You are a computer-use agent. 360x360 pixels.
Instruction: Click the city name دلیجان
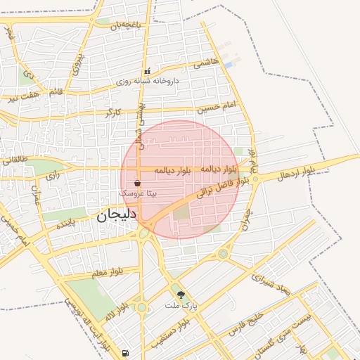coord(116,217)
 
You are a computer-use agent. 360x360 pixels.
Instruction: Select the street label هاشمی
coord(207,63)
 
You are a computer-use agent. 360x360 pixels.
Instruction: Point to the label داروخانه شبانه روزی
coord(148,82)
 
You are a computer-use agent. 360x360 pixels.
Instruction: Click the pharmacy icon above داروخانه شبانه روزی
coord(147,72)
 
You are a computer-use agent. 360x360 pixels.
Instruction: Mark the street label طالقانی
coord(15,160)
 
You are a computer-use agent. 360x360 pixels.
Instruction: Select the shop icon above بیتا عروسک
coord(136,182)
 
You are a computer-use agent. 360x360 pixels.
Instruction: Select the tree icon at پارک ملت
coord(181,295)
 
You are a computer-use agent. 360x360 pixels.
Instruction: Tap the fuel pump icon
coord(125,353)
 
